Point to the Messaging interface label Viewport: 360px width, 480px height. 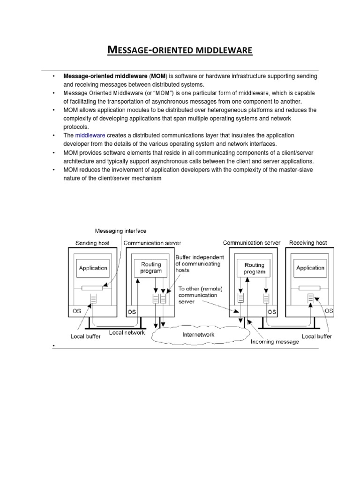pyautogui.click(x=120, y=231)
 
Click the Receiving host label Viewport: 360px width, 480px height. pyautogui.click(x=308, y=243)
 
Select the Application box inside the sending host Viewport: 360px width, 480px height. pyautogui.click(x=93, y=268)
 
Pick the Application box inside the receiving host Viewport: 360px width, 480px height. pyautogui.click(x=310, y=268)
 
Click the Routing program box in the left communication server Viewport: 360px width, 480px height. pyautogui.click(x=151, y=268)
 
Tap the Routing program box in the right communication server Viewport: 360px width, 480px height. pyautogui.click(x=254, y=268)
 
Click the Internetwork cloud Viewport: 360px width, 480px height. pyautogui.click(x=198, y=335)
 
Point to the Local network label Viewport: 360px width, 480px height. pyautogui.click(x=127, y=332)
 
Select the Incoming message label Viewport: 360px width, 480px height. pyautogui.click(x=274, y=342)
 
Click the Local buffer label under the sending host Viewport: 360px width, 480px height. pyautogui.click(x=85, y=336)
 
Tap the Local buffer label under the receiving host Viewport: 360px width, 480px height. pyautogui.click(x=316, y=336)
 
